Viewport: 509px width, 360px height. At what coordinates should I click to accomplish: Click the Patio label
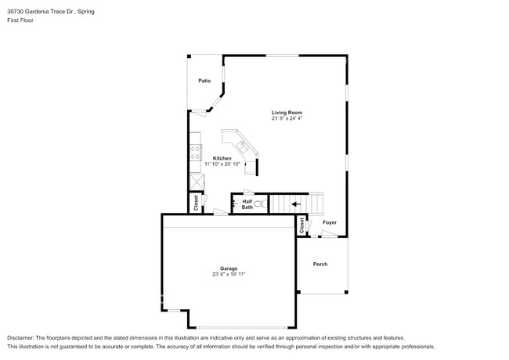point(204,81)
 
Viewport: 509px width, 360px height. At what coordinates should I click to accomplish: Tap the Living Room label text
point(287,113)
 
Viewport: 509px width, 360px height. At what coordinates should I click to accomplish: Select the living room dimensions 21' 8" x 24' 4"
point(287,119)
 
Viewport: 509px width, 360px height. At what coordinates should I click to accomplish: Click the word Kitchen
point(222,158)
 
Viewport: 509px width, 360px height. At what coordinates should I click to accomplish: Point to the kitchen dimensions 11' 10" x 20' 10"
point(222,164)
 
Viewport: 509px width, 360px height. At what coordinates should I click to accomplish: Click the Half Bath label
point(247,204)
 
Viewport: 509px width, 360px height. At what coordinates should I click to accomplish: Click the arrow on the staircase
point(296,205)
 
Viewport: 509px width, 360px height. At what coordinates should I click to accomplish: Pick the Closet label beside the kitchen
point(195,203)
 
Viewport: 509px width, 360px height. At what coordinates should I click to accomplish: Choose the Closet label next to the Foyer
point(301,225)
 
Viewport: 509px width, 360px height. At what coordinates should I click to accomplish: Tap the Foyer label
point(330,222)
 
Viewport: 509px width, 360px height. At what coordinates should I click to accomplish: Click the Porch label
point(320,264)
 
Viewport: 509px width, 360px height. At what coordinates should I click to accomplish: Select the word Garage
point(229,268)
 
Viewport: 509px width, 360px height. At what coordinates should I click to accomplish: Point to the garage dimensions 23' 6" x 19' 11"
point(229,275)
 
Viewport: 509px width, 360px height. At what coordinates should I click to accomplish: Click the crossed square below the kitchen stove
point(196,180)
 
